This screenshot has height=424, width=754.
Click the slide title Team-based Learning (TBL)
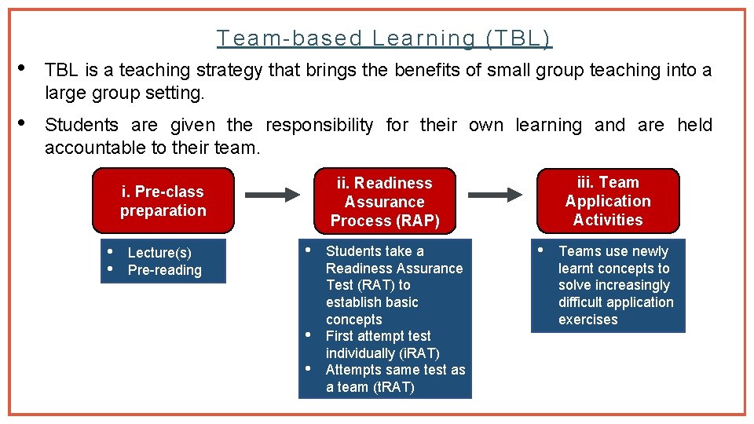(x=384, y=38)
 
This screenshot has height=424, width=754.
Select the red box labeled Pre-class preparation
(x=163, y=201)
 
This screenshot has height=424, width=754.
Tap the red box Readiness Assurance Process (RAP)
(x=385, y=202)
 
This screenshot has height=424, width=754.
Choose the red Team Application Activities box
(x=608, y=201)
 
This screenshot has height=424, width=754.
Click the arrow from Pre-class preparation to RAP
(x=272, y=193)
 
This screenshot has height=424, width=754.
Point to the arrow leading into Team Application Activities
(x=496, y=193)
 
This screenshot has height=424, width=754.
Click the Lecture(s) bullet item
(x=159, y=253)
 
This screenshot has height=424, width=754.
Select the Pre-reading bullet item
(x=165, y=270)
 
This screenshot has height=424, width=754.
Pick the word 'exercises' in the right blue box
(x=588, y=320)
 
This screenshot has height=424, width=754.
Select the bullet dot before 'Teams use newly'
(x=540, y=250)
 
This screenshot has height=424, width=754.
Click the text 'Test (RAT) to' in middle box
(x=368, y=285)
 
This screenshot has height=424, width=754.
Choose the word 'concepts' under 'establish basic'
(x=354, y=320)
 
